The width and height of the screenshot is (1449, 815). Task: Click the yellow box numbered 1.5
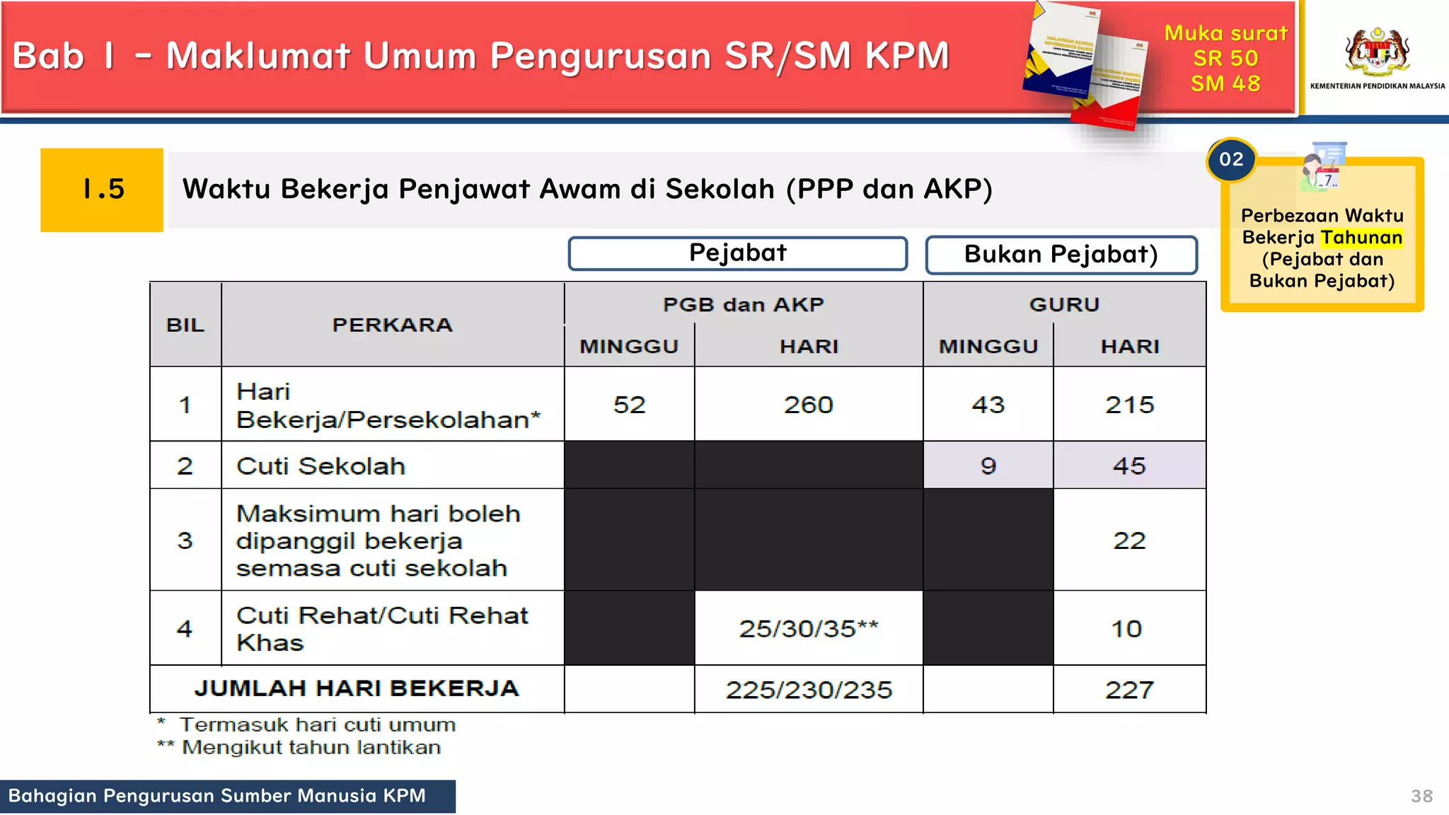point(102,190)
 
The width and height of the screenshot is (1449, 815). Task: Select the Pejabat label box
point(737,253)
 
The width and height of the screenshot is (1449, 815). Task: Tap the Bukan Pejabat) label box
point(1061,255)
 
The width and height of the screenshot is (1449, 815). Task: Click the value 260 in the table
point(808,405)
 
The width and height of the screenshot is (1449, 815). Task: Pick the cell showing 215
point(1129,405)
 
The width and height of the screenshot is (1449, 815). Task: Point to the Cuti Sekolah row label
point(321,466)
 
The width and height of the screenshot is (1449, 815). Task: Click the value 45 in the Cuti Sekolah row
point(1129,466)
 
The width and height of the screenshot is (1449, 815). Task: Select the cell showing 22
point(1129,541)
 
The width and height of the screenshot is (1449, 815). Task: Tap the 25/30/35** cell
point(808,628)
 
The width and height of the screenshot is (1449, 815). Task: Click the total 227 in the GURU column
point(1129,690)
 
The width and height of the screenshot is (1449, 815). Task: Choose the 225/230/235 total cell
point(808,690)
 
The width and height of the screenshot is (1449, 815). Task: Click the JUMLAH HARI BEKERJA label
point(357,688)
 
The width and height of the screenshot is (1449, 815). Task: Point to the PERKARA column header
point(392,325)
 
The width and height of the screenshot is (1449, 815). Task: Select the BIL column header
point(185,325)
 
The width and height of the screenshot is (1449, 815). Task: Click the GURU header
point(1064,304)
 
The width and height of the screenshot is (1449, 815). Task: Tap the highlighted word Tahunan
point(1361,238)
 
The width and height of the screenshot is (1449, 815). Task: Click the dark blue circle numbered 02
point(1231,160)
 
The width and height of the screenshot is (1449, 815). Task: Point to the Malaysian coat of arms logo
point(1377,51)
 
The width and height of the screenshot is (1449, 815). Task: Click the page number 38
point(1421,796)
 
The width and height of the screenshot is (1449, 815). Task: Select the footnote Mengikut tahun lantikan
point(311,747)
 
